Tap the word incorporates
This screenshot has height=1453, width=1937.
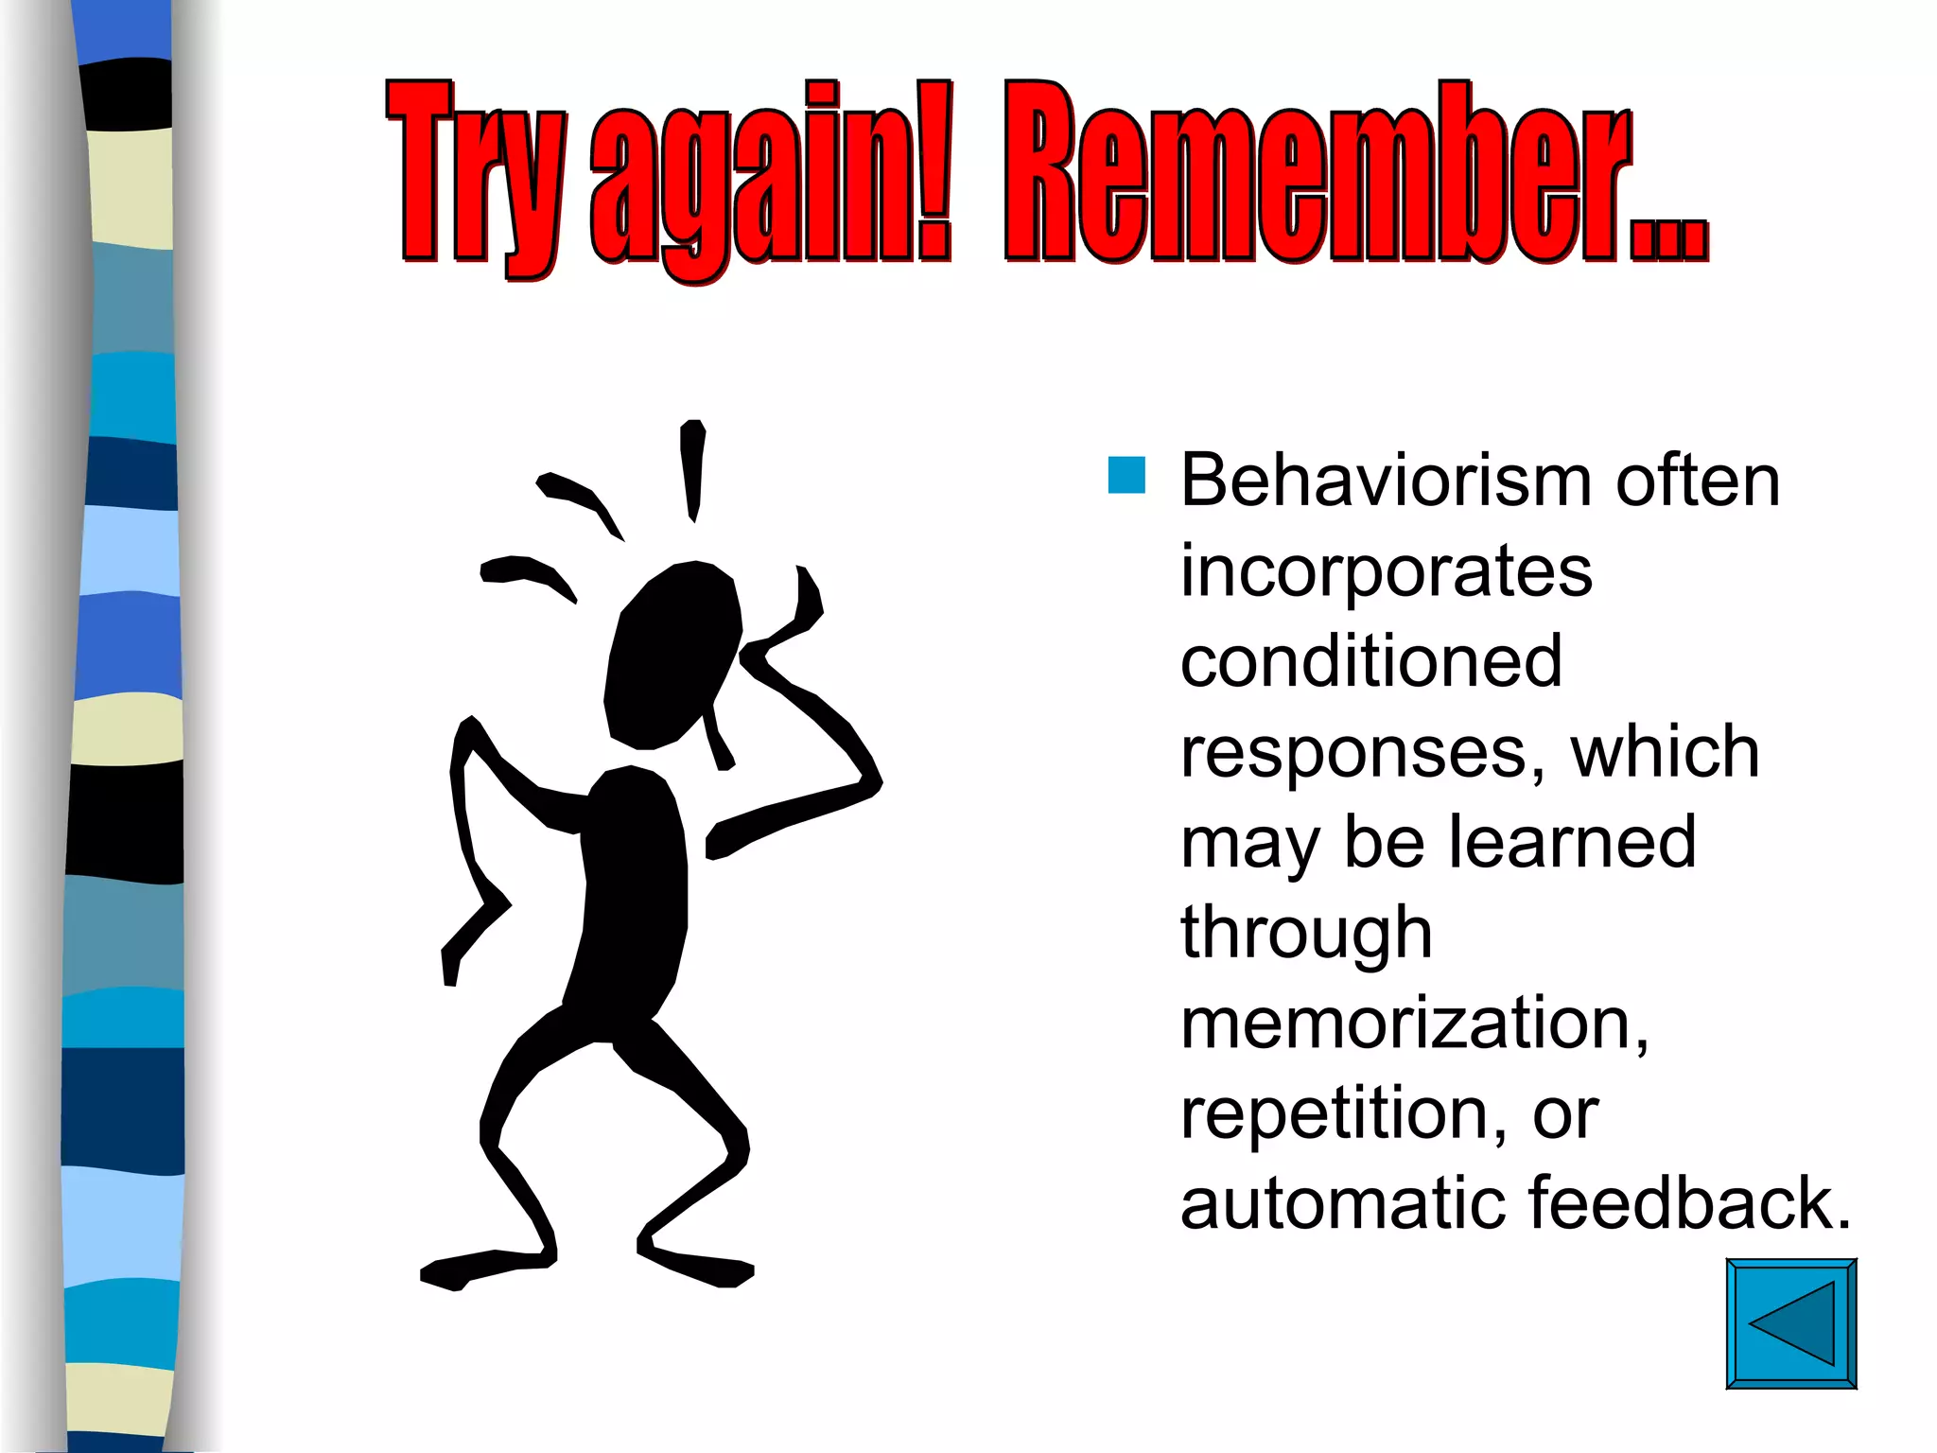pyautogui.click(x=1387, y=573)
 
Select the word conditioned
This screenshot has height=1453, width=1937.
pyautogui.click(x=1371, y=661)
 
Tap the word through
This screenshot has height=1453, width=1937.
pyautogui.click(x=1306, y=934)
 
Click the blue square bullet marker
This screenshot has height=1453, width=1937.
pyautogui.click(x=1126, y=475)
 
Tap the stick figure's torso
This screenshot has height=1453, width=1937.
pyautogui.click(x=632, y=899)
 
